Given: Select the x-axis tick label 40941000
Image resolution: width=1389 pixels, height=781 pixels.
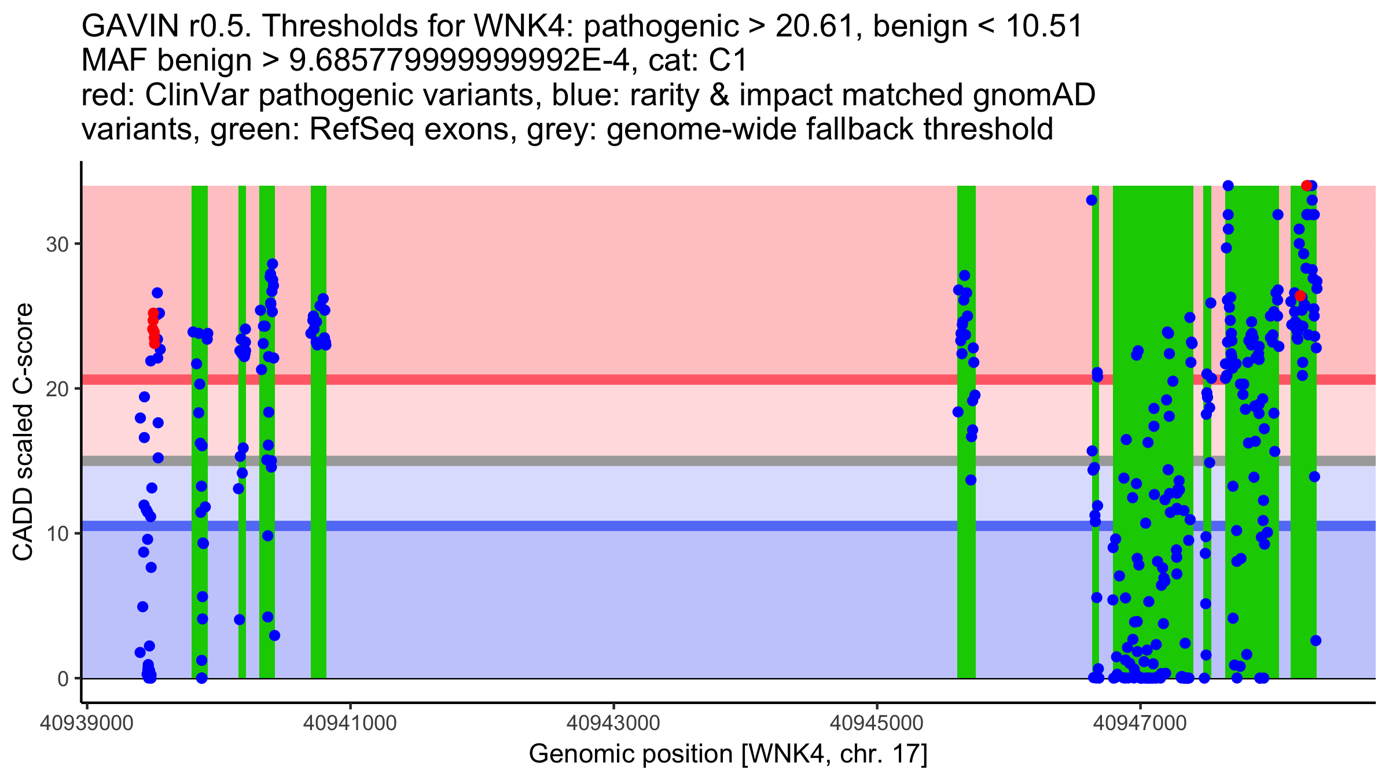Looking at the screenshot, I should click(x=350, y=723).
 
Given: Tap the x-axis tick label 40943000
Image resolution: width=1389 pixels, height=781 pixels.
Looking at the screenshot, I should click(x=613, y=723).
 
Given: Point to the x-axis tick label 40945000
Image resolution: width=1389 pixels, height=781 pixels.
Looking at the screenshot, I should click(x=877, y=723).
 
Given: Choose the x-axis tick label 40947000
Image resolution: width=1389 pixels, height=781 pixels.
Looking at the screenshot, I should click(x=1140, y=723).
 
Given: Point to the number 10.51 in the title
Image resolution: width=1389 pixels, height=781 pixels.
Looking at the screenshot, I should click(x=1045, y=27).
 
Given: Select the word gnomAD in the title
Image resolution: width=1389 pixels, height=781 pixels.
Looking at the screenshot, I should click(x=1034, y=95).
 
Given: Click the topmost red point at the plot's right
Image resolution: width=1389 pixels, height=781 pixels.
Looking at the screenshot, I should click(x=1306, y=186).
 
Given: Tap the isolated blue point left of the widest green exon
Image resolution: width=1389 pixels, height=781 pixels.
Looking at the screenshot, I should click(x=1092, y=200).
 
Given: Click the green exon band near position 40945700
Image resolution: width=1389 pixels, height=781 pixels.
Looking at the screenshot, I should click(x=966, y=521).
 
